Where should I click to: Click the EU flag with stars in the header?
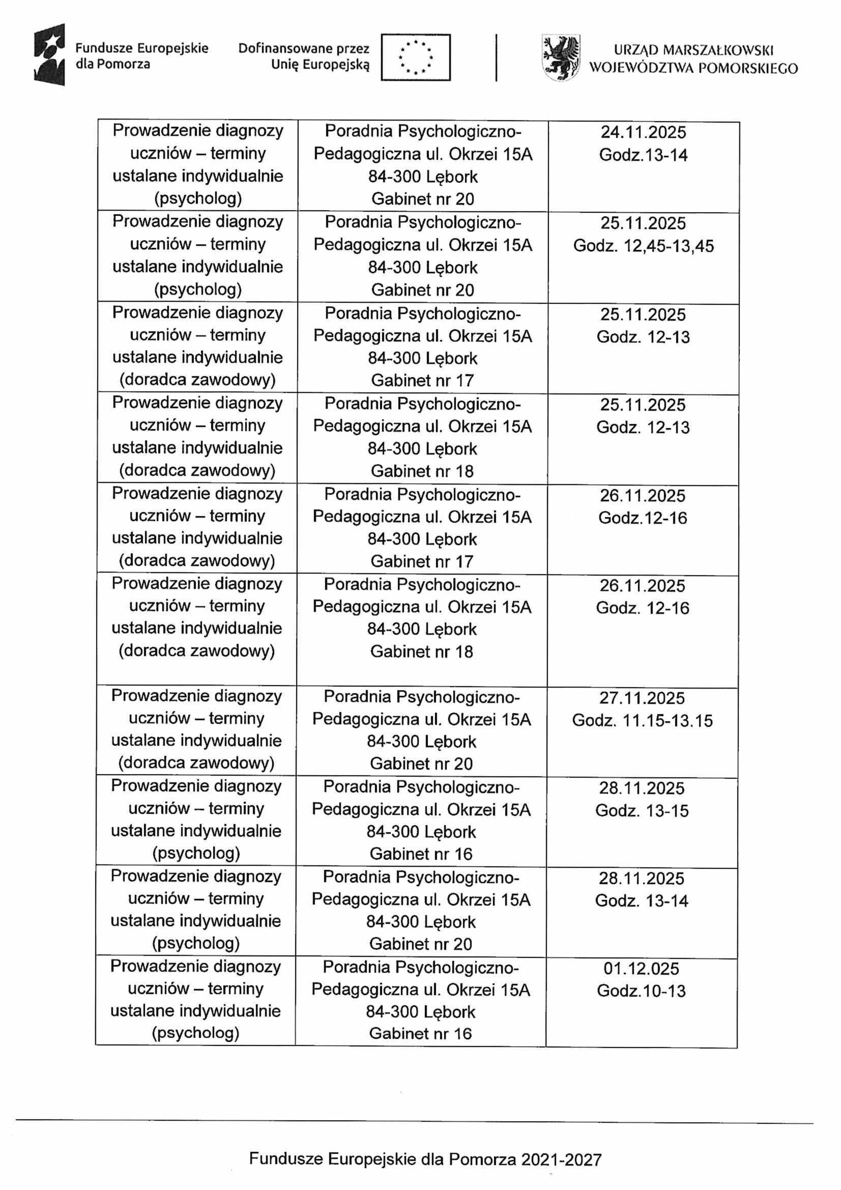[x=415, y=57]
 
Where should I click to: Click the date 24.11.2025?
[x=643, y=132]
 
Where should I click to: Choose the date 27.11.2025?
[x=642, y=698]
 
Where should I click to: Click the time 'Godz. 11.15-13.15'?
[x=642, y=721]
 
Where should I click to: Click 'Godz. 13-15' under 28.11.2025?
[x=642, y=811]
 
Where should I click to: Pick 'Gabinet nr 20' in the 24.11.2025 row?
[x=422, y=199]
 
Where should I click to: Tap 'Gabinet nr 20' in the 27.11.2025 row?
[x=421, y=764]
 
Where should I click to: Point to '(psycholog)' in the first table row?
[x=198, y=198]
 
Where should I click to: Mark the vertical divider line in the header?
[x=496, y=58]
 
